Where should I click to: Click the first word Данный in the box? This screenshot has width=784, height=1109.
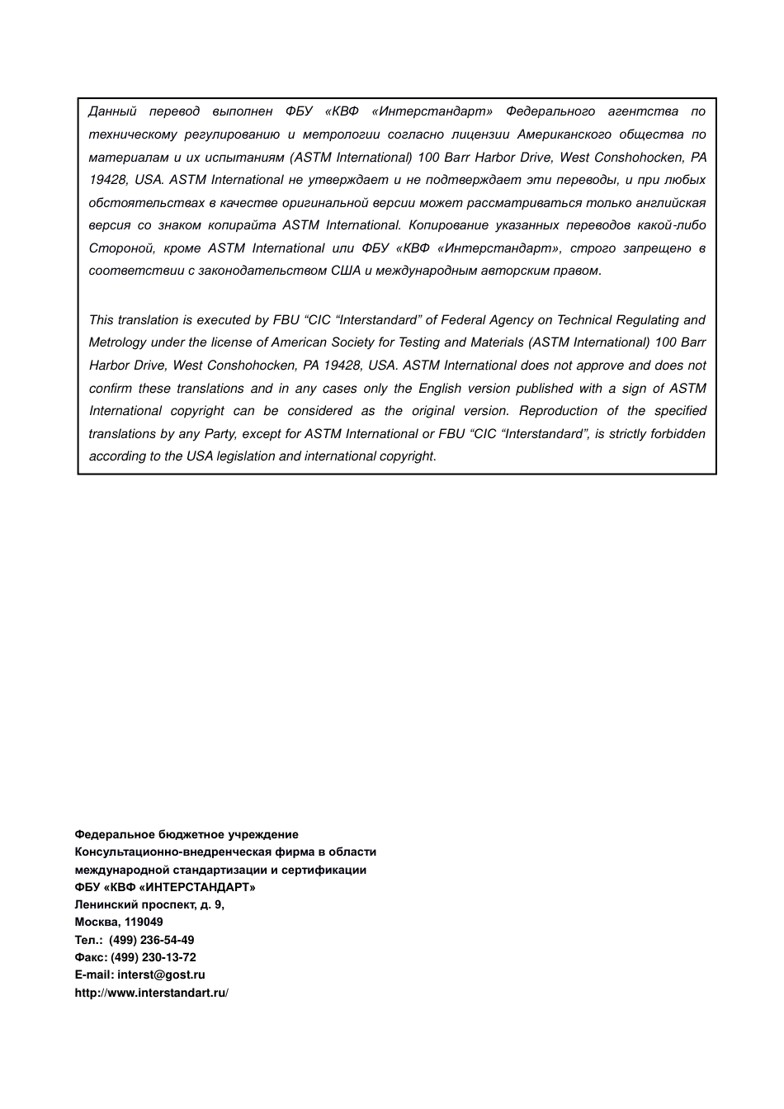[112, 111]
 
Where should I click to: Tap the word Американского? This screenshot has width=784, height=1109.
[564, 134]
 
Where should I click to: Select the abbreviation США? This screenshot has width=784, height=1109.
[346, 271]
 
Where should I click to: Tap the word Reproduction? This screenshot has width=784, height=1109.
[558, 411]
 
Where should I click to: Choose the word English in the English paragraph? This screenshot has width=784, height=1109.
[440, 389]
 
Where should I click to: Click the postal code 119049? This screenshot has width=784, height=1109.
[144, 923]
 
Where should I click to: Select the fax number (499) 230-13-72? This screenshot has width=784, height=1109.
[153, 957]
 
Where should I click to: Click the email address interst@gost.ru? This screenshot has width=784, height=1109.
[161, 975]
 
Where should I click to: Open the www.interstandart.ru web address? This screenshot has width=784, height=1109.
[151, 993]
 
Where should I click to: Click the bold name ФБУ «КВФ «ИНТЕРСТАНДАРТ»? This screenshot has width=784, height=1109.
[165, 888]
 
